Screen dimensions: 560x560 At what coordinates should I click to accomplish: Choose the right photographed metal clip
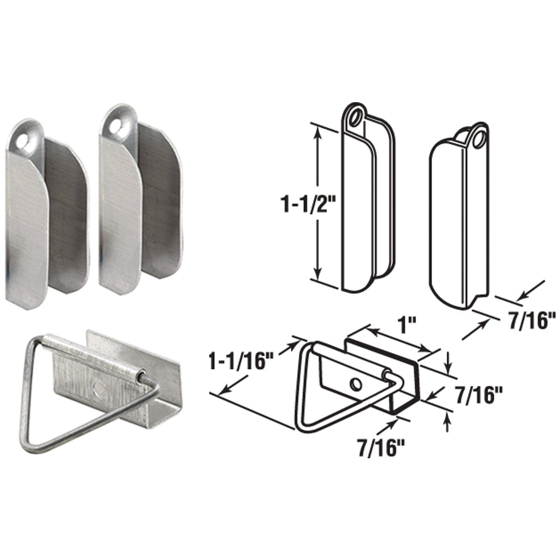138,205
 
